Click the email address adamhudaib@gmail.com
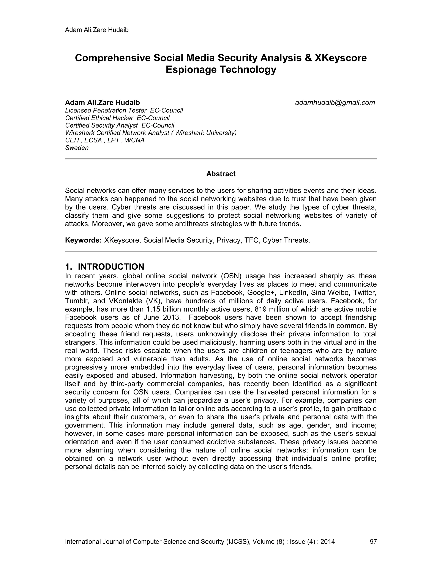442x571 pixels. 335,103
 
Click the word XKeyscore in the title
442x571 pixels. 340,58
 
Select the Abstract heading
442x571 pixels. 221,174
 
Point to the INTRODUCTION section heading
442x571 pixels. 111,267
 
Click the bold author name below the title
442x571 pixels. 102,103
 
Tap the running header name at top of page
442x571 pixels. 97,30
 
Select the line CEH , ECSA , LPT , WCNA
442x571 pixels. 105,140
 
